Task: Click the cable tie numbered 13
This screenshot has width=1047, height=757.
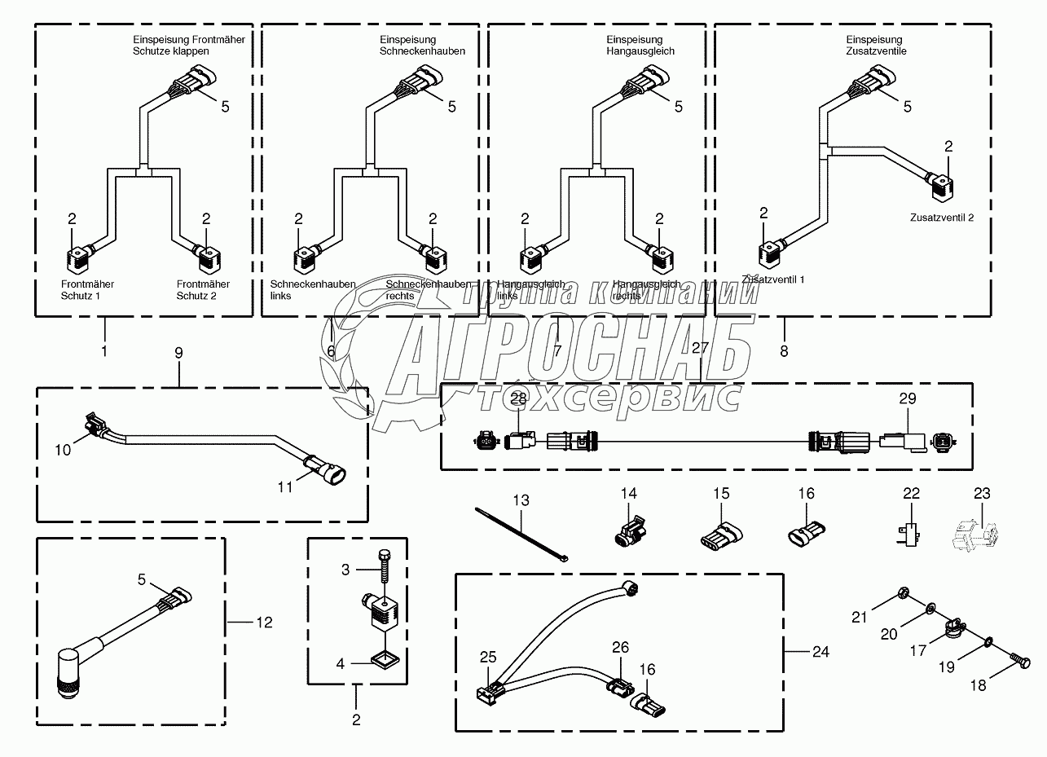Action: coord(521,533)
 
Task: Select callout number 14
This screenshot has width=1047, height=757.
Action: coord(628,493)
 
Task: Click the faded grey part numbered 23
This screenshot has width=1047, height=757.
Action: coord(972,534)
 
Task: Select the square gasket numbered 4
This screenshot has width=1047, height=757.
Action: coord(387,658)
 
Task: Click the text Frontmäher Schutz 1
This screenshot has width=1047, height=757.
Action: coord(87,289)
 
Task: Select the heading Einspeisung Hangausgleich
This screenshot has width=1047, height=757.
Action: coord(640,45)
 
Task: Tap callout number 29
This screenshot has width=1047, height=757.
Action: coord(907,398)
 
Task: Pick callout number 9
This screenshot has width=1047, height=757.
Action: coord(178,354)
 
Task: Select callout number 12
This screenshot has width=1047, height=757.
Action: coord(263,623)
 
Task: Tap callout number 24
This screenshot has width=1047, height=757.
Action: coord(821,651)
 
